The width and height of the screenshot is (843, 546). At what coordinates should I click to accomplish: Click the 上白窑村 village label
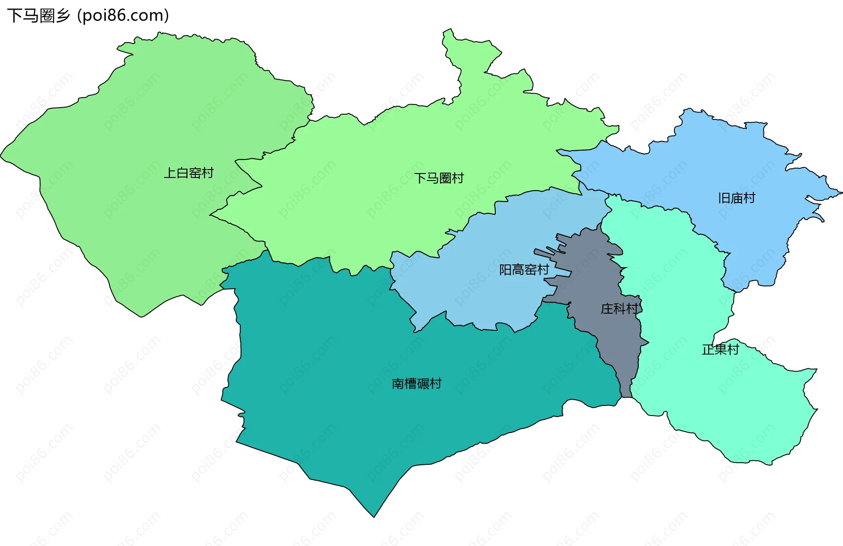[x=189, y=173]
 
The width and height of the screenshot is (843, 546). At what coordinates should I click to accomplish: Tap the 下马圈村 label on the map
[x=439, y=178]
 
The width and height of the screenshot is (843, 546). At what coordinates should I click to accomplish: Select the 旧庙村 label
[x=736, y=199]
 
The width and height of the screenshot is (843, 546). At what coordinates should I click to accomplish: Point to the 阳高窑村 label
[x=524, y=270]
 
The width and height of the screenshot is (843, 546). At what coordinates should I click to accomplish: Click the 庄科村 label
[x=619, y=309]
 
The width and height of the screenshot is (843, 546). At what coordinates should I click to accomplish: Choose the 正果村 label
[x=720, y=350]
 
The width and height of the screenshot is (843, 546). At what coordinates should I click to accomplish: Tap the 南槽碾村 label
[x=416, y=384]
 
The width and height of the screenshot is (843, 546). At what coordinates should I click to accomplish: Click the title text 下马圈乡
[x=39, y=16]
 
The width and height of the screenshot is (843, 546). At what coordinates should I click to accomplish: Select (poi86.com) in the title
[x=123, y=16]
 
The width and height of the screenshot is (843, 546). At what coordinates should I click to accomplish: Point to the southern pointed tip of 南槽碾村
[x=374, y=516]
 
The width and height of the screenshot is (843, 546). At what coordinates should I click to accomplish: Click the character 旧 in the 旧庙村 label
[x=724, y=199]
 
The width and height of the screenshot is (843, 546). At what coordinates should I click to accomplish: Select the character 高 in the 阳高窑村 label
[x=518, y=270]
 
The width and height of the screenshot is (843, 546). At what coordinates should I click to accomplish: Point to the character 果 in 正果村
[x=720, y=350]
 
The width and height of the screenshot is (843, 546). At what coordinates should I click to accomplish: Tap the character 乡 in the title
[x=63, y=16]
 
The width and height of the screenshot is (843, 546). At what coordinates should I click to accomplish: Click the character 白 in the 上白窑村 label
[x=183, y=173]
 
